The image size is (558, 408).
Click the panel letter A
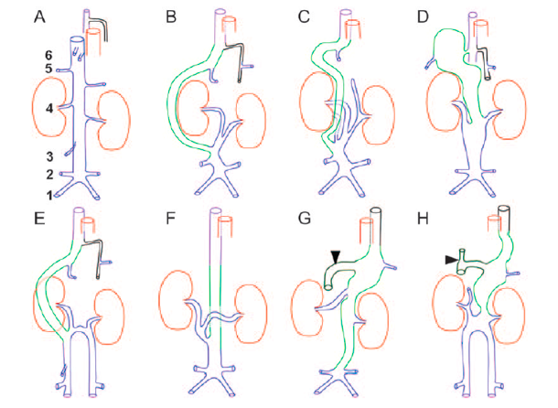point(38,16)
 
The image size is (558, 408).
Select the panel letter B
point(172,16)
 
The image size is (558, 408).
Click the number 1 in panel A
point(38,194)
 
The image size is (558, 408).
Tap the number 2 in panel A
point(38,174)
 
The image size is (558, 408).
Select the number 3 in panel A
point(38,156)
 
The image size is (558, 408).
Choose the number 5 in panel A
point(38,68)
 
